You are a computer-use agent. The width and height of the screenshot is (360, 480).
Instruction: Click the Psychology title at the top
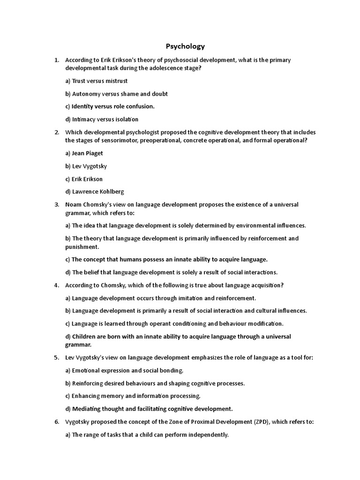pos(185,46)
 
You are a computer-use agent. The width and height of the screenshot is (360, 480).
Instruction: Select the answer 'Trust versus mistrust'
pos(96,81)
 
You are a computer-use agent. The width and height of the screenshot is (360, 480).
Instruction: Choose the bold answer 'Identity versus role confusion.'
pos(110,106)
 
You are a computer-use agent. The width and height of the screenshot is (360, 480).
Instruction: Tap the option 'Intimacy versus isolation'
pos(102,119)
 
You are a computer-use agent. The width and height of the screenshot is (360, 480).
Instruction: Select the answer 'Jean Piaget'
pos(84,153)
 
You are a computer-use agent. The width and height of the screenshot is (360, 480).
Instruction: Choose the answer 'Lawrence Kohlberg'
pos(94,191)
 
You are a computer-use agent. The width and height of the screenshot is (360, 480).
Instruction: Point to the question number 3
pos(57,204)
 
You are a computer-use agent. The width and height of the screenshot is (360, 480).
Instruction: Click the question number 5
pos(57,358)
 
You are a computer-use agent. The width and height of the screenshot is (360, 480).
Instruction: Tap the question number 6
pos(57,422)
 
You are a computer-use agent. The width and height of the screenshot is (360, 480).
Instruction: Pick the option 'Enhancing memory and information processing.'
pos(133,396)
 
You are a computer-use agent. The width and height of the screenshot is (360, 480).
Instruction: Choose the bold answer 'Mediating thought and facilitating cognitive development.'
pos(149,408)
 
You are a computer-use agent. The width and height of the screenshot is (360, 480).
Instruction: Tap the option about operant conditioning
pos(174,323)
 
